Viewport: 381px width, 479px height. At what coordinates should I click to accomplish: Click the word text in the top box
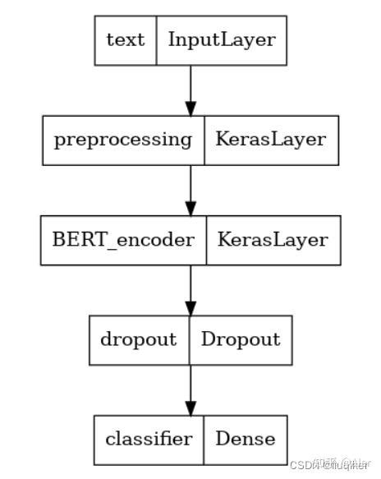pyautogui.click(x=126, y=39)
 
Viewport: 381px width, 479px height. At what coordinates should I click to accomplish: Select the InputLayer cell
pyautogui.click(x=221, y=39)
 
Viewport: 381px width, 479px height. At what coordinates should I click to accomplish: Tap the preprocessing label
pyautogui.click(x=122, y=139)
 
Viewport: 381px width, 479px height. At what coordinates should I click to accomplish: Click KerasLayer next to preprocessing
pyautogui.click(x=270, y=139)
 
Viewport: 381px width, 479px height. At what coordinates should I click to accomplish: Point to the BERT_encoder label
pyautogui.click(x=124, y=239)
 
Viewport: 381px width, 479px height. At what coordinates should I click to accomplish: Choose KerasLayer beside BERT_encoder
pyautogui.click(x=272, y=239)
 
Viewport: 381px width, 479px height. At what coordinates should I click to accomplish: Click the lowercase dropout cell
pyautogui.click(x=140, y=339)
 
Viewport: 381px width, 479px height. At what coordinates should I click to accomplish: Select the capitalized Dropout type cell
pyautogui.click(x=241, y=339)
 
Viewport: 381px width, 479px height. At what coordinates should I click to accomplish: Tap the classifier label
pyautogui.click(x=149, y=438)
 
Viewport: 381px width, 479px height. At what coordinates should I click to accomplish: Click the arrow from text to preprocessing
pyautogui.click(x=190, y=86)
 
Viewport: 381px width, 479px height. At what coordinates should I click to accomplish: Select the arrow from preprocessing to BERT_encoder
pyautogui.click(x=190, y=187)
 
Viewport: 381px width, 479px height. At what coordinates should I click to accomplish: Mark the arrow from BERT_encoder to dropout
pyautogui.click(x=190, y=287)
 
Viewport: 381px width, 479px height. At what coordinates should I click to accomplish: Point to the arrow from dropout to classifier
pyautogui.click(x=190, y=386)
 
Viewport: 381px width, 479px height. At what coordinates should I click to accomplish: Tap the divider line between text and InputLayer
pyautogui.click(x=156, y=39)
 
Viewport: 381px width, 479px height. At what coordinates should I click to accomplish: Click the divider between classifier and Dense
pyautogui.click(x=204, y=438)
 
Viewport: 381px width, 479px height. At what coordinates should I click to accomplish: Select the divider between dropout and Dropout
pyautogui.click(x=190, y=339)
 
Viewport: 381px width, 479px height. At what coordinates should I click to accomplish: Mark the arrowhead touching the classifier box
pyautogui.click(x=190, y=408)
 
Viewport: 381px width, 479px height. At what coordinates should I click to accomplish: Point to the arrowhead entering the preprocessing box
pyautogui.click(x=190, y=108)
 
